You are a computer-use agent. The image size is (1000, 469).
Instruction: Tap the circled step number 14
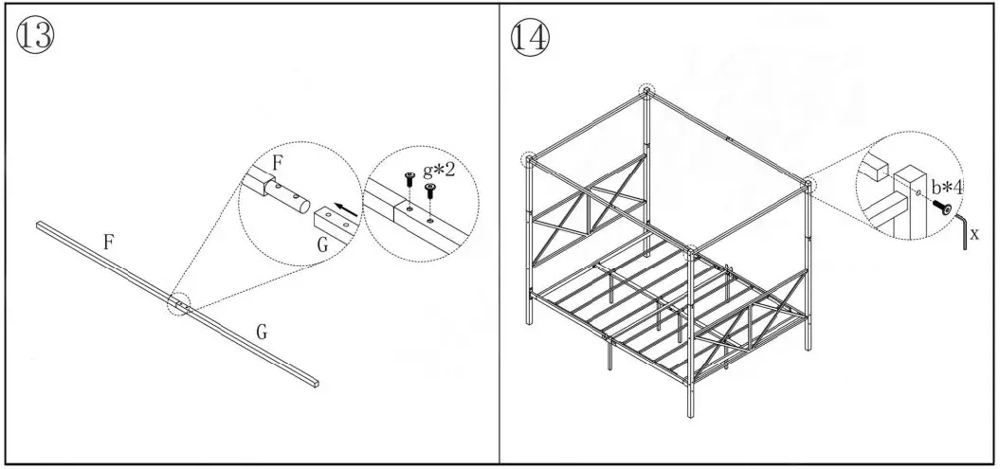click(530, 36)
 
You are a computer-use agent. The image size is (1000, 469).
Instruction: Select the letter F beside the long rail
click(109, 243)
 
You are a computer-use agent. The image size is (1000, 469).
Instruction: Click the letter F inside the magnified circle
click(276, 162)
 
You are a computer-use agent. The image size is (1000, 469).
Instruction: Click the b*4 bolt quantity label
click(946, 187)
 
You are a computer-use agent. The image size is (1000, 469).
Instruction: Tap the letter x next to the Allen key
click(975, 231)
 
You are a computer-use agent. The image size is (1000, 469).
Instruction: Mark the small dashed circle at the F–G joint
click(179, 304)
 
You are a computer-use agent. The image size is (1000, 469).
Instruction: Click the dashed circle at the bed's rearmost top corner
click(646, 92)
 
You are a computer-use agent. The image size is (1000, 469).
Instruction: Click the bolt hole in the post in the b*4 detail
click(920, 196)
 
